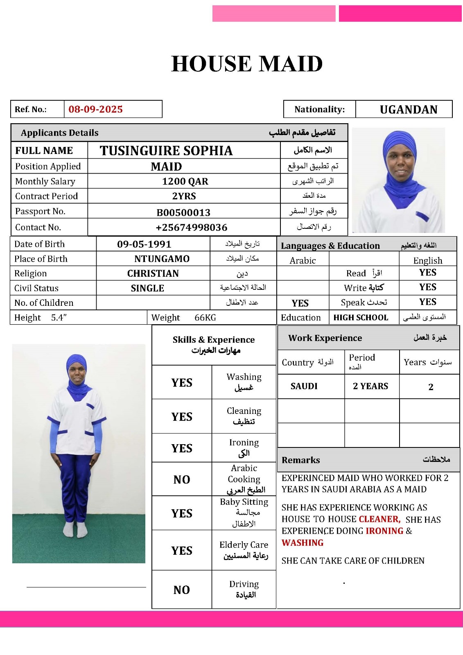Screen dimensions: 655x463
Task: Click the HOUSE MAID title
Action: coord(247,64)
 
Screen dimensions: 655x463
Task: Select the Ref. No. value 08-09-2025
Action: coord(95,109)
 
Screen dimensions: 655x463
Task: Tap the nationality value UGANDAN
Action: coord(408,109)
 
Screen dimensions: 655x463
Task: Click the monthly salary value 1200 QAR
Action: coord(185,181)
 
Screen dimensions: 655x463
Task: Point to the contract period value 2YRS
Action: coord(184,196)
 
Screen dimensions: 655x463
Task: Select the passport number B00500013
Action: coord(183,212)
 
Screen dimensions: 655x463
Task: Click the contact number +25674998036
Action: coord(191,228)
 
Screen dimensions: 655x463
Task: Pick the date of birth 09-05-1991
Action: coord(144,244)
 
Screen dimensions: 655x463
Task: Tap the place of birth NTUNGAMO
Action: coord(162,259)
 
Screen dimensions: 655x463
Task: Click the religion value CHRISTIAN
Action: coord(153,273)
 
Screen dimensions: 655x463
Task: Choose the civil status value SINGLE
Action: coord(147,288)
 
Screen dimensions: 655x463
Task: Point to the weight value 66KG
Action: coord(205,318)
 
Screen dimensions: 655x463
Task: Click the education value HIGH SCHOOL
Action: coord(361,318)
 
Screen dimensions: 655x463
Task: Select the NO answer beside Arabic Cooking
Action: coord(182,479)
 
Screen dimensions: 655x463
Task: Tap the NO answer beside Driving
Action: coord(182,590)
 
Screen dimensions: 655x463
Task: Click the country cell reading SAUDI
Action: coord(304,386)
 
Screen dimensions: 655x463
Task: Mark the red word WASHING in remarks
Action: coord(303,543)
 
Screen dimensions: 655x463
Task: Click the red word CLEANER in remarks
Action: coord(379,519)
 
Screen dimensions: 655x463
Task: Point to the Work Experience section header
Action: coord(325,338)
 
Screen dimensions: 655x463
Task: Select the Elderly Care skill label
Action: coord(244,545)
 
